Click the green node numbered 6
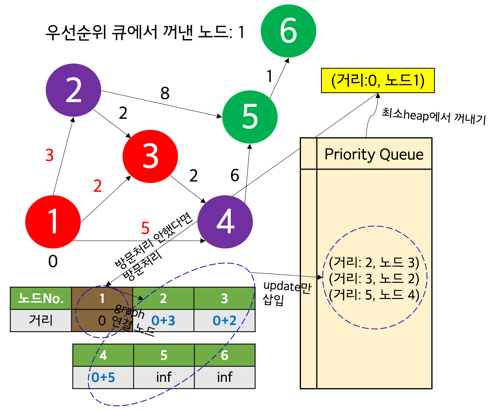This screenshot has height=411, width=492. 288,31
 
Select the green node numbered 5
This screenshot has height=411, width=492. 250,117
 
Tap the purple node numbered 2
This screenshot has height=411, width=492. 74,90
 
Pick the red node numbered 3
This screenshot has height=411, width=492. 150,156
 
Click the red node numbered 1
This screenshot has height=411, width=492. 53,222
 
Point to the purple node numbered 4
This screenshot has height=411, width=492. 225,222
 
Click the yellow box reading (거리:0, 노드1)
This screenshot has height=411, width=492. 378,80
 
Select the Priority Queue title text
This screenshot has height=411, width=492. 374,154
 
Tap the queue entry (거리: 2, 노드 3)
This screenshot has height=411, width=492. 374,262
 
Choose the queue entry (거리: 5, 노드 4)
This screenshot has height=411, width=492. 374,295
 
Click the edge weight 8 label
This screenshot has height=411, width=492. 165,93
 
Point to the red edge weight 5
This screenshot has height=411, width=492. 145,228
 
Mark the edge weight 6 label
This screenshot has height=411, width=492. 235,176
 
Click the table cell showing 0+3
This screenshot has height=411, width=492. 163,321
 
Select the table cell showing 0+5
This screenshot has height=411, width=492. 103,377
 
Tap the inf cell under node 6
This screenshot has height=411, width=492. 225,377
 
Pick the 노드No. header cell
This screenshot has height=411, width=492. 41,298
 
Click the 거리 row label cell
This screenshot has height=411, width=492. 41,320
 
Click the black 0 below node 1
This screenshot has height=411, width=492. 53,262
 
